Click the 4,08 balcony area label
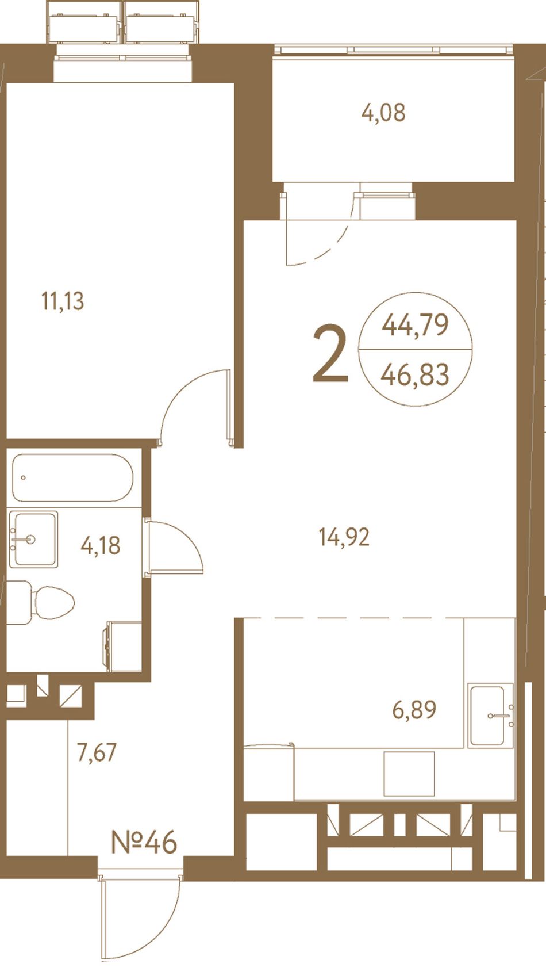click(x=383, y=113)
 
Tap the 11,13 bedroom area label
click(x=63, y=301)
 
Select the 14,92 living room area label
click(x=344, y=537)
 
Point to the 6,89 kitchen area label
click(x=414, y=709)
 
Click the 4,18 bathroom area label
click(x=101, y=546)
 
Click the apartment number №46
click(x=144, y=842)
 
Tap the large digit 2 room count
click(x=330, y=354)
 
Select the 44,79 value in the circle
click(x=416, y=325)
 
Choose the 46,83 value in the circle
click(x=415, y=375)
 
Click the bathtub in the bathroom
click(x=72, y=477)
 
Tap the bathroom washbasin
click(x=34, y=540)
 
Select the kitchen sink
click(x=491, y=716)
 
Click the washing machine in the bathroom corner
click(x=123, y=647)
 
